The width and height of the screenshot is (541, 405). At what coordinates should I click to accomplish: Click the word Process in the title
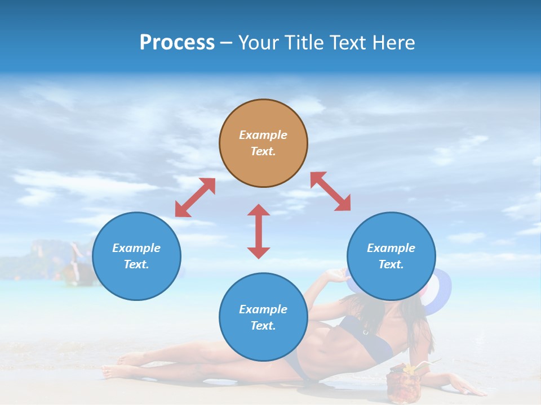pos(177,43)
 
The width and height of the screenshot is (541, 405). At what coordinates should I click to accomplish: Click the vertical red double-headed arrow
pos(259,231)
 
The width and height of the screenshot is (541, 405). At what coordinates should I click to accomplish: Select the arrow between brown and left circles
pos(195,197)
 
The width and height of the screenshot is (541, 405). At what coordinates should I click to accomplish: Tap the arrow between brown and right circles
pos(331,191)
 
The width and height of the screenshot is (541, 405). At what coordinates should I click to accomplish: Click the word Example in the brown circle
pos(263,135)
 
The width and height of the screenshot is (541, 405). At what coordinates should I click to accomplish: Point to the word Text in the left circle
pos(136,264)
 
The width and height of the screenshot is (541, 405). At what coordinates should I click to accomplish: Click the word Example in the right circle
pos(391,248)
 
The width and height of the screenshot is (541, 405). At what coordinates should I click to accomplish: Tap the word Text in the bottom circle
pos(263,326)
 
